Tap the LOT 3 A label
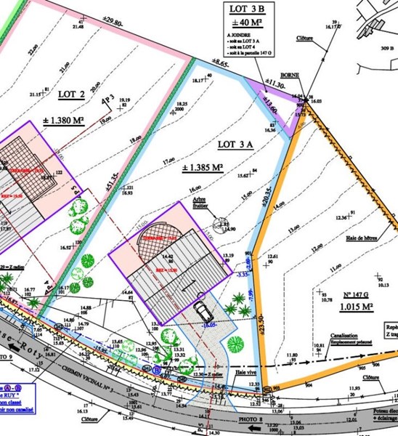point(235,144)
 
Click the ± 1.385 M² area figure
point(199,168)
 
